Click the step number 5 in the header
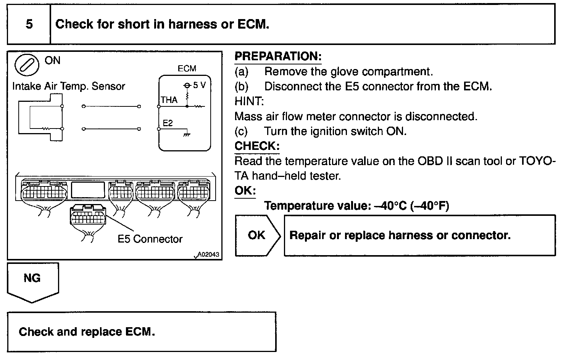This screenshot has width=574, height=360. point(29,24)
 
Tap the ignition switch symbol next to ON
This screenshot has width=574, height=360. point(27,65)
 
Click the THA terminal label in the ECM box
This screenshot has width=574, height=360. point(169,100)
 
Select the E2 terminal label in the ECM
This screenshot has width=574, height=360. point(168,123)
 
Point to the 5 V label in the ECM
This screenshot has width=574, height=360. point(199,85)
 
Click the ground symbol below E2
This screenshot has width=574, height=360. point(187,134)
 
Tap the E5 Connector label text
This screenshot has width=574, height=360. point(150,239)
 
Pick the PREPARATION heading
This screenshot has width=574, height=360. point(278,56)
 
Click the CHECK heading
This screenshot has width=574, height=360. point(257,146)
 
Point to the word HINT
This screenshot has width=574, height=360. point(249,101)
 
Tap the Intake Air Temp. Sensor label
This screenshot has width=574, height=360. point(69,86)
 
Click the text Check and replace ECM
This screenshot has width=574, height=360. point(87,331)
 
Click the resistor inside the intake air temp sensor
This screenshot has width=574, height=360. point(47,129)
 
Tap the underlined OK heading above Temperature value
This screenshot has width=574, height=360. point(245,191)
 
